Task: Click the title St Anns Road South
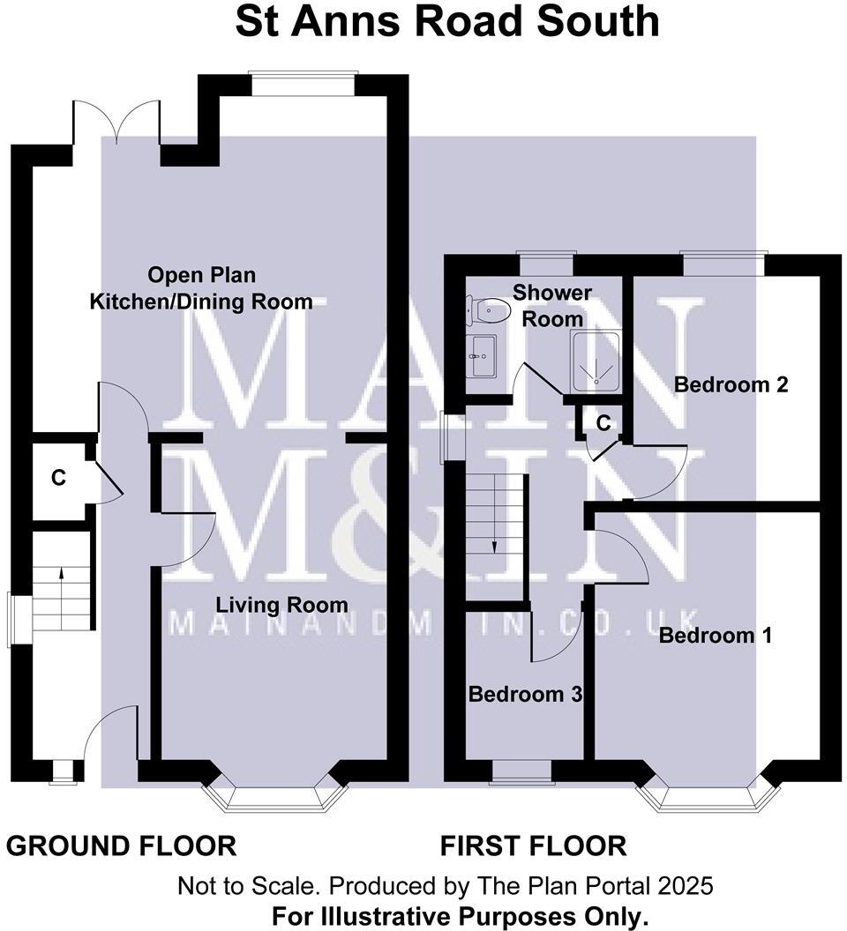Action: coord(446,21)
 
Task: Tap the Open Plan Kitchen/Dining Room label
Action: coord(201,288)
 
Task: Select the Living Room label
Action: coord(282,606)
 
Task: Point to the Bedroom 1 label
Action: coord(716,635)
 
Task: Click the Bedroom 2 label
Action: coord(731,385)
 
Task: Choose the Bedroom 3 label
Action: coord(525,694)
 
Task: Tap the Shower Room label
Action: coord(552,305)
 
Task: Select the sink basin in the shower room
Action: coord(482,355)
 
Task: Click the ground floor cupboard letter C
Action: coord(58,479)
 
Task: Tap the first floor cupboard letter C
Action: coord(603,423)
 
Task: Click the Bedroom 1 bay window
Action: coord(708,797)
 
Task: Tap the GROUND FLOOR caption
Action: coord(122,846)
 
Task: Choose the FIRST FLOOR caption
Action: coord(534,846)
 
